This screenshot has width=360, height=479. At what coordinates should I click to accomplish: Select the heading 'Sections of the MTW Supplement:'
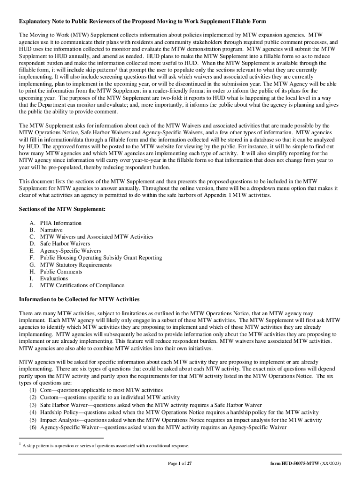62,209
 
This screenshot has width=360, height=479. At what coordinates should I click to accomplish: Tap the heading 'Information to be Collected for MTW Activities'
79,299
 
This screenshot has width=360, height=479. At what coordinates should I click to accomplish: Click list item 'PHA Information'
61,223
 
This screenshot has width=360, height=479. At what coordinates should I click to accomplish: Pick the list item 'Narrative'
51,230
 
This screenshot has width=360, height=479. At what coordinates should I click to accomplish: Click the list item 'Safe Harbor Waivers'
65,244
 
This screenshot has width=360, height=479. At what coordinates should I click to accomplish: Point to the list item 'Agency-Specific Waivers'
71,251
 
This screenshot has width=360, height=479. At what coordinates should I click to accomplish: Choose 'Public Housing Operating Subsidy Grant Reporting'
101,258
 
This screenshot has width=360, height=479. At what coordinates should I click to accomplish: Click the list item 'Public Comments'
61,271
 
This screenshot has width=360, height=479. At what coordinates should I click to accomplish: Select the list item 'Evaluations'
54,278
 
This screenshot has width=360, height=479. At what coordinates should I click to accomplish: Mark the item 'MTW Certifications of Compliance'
82,285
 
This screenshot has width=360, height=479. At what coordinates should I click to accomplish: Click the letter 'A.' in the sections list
32,223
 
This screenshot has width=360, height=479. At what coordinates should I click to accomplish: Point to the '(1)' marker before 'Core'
33,390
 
